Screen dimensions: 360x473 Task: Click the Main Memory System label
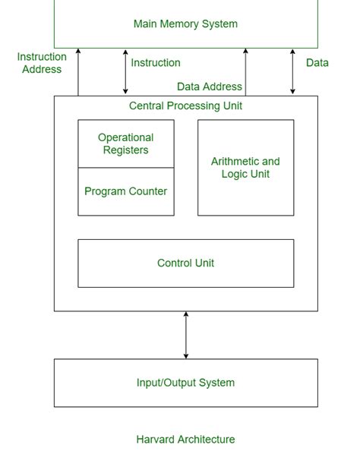point(185,24)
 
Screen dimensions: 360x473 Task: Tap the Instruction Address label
point(42,63)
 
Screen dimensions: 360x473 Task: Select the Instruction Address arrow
point(78,72)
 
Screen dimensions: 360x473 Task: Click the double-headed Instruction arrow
point(125,72)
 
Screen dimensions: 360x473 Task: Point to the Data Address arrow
point(245,72)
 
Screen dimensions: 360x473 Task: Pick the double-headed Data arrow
point(292,72)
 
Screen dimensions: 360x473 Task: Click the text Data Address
point(210,87)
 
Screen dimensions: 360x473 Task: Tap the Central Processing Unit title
point(185,106)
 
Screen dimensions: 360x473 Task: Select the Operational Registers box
point(126,143)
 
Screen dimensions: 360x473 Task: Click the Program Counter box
point(126,191)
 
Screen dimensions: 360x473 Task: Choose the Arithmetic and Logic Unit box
point(245,168)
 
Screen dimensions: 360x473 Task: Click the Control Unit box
point(186,263)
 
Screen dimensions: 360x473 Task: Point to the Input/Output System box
point(186,383)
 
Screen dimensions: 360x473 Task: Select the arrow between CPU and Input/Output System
point(186,335)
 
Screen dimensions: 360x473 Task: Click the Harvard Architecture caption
point(185,439)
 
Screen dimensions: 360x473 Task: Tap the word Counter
point(147,191)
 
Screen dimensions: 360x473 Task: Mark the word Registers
point(126,150)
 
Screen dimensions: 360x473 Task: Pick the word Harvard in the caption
point(156,439)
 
